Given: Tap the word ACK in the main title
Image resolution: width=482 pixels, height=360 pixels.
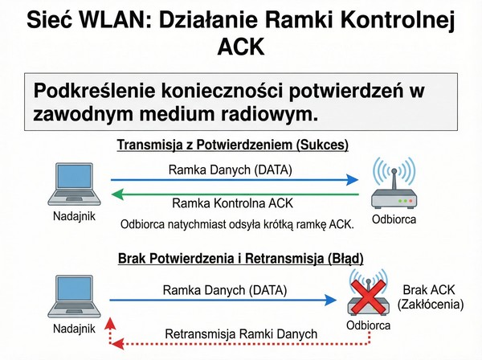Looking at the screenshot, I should click(241, 48).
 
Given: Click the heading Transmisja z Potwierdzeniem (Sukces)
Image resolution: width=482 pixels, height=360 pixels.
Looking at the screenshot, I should click(240, 145).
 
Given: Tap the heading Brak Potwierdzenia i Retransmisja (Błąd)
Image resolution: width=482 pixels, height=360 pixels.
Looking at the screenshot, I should click(240, 259).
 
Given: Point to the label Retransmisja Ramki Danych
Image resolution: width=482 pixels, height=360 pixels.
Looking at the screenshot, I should click(241, 333).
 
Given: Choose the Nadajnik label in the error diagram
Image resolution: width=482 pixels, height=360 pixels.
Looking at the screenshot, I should click(74, 329).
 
